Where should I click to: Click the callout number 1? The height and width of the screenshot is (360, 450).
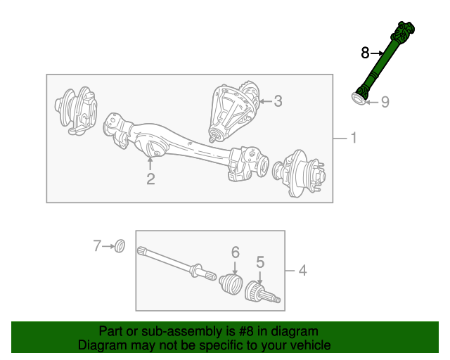353,139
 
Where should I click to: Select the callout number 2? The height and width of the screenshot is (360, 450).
150,179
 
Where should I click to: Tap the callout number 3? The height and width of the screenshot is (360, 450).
278,101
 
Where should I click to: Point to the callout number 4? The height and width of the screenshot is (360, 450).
302,270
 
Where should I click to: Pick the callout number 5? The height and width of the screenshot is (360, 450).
260,262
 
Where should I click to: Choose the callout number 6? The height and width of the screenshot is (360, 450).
236,252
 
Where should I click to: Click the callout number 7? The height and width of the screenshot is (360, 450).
98,245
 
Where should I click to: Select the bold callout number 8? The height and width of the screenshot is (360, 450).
365,53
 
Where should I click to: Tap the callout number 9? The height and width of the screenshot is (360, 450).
385,103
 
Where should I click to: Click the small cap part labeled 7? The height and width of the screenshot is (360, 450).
120,245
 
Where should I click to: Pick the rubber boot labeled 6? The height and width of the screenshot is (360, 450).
231,284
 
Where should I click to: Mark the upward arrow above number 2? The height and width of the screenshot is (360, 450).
150,163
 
